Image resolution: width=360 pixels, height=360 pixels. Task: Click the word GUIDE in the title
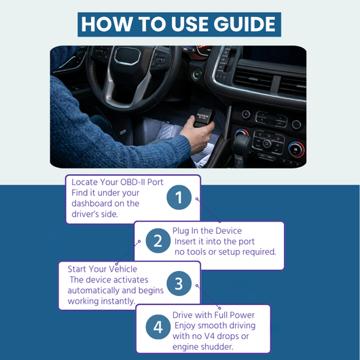245,24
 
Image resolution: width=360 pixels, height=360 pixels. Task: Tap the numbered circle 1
179,197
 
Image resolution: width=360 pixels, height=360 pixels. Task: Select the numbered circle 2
158,240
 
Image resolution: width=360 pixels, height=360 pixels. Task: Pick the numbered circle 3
179,283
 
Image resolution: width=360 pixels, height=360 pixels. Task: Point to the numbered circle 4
158,327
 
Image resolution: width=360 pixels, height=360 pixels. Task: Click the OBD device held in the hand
203,118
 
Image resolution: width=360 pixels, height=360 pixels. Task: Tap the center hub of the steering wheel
128,56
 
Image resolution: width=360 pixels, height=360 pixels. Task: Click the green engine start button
197,74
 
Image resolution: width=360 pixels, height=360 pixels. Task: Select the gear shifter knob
242,143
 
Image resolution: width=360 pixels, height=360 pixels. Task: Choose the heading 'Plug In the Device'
207,231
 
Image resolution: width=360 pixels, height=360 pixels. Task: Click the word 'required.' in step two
259,252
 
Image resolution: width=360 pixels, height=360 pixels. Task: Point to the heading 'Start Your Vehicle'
103,269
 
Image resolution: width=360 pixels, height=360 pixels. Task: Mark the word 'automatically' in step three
94,291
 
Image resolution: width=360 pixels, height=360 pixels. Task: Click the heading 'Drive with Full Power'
213,315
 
